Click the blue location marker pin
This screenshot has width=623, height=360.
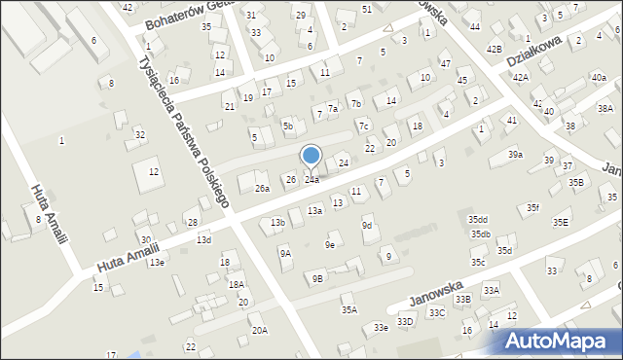coord(311,157)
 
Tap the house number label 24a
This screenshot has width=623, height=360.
coord(311,180)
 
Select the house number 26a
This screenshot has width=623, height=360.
coord(262,189)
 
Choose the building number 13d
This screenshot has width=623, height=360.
coord(203,240)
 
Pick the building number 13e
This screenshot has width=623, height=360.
coord(156,263)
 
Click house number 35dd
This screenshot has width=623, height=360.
coord(477,220)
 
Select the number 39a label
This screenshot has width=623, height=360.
coord(515,155)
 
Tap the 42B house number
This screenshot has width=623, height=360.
coord(494,49)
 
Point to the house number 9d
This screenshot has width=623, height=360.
coord(367,226)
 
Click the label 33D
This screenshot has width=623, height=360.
coord(405,322)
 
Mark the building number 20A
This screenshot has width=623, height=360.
coord(259,331)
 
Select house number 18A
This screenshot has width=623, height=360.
coord(236,284)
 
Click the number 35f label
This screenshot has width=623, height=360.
coord(533,208)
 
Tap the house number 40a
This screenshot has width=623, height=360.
coord(598,78)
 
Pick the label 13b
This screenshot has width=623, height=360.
coord(277,223)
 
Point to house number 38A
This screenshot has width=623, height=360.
coord(605,109)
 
